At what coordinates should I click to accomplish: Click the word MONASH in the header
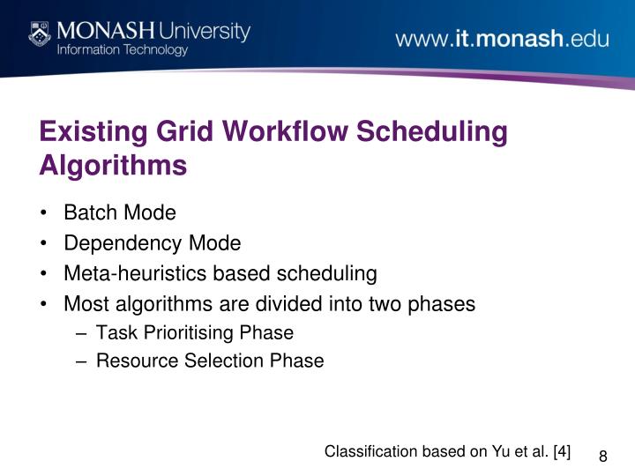(108, 31)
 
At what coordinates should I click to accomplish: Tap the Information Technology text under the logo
(123, 50)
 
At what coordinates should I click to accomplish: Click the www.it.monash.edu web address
(502, 40)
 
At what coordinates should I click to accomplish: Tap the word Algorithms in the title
(113, 166)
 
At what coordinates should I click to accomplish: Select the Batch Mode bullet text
(120, 213)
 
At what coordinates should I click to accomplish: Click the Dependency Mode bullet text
(152, 243)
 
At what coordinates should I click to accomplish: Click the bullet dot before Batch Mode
(44, 214)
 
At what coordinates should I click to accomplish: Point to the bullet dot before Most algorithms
(44, 304)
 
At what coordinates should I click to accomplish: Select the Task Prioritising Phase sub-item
(194, 333)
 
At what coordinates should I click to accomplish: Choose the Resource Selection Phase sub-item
(210, 361)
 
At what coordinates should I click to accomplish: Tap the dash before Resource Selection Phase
(81, 361)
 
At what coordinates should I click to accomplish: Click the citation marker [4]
(562, 451)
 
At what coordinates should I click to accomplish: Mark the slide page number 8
(603, 456)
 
